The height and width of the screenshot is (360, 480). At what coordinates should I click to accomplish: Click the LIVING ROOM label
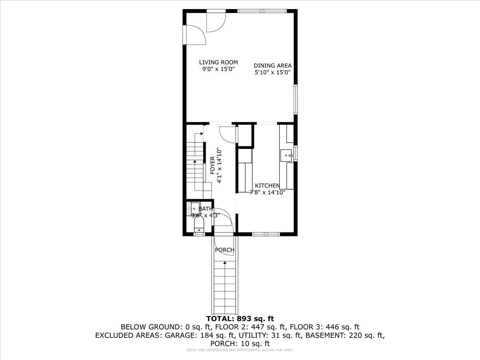(218, 62)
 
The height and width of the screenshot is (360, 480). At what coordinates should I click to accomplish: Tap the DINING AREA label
(272, 66)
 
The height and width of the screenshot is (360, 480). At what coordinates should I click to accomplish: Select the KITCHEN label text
(267, 186)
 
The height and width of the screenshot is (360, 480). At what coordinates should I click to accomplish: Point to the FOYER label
(212, 165)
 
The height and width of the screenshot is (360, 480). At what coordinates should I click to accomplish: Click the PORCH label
(224, 250)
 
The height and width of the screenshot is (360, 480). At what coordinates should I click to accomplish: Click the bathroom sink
(194, 209)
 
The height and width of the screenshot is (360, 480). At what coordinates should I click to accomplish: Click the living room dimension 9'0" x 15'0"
(218, 69)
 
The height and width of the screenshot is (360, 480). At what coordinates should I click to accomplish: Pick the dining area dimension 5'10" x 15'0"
(272, 72)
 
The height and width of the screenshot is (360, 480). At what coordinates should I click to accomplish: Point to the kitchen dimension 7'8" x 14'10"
(267, 192)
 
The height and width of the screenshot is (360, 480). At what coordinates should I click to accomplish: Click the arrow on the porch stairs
(225, 263)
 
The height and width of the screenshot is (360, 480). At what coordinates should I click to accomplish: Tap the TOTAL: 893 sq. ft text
(240, 318)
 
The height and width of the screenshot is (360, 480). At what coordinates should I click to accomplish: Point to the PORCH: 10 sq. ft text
(240, 344)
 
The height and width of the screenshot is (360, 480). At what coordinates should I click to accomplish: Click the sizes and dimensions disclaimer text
(240, 350)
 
